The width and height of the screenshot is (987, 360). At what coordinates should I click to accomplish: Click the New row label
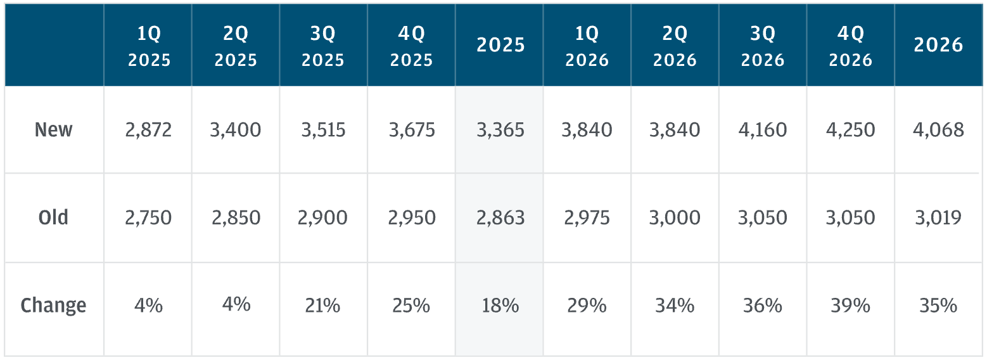[x=53, y=129]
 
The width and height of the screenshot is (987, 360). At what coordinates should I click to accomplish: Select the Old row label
[x=53, y=217]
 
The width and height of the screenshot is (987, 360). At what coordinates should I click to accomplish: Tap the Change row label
[x=53, y=305]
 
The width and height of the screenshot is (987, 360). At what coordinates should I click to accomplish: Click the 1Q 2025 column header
[x=149, y=46]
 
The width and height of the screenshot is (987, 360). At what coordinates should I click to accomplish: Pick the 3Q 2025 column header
[x=323, y=46]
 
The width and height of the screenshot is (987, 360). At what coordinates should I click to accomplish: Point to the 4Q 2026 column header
[x=850, y=46]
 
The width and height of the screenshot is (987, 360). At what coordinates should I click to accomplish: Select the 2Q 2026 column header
[x=675, y=46]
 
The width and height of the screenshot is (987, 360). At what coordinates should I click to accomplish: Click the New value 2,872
[x=148, y=130]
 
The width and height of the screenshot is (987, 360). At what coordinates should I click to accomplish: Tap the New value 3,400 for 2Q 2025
[x=235, y=130]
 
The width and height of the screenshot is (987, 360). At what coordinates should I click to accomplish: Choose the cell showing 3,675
[x=412, y=130]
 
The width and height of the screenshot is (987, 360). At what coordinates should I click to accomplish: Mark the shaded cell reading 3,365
[x=500, y=130]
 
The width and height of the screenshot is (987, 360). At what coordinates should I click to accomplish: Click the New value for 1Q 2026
[x=587, y=130]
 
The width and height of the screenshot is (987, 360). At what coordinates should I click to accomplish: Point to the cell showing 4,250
[x=850, y=130]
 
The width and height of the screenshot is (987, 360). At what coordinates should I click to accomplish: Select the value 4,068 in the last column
[x=938, y=130]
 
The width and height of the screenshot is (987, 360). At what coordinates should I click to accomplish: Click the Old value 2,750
[x=148, y=217]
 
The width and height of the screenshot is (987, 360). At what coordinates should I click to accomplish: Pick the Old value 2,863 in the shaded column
[x=500, y=217]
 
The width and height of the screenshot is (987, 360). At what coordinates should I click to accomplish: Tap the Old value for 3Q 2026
[x=763, y=217]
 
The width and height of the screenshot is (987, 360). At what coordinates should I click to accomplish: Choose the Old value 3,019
[x=938, y=217]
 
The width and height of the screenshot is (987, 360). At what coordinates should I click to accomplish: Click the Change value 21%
[x=322, y=305]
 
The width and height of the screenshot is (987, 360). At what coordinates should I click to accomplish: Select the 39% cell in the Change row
[x=850, y=305]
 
